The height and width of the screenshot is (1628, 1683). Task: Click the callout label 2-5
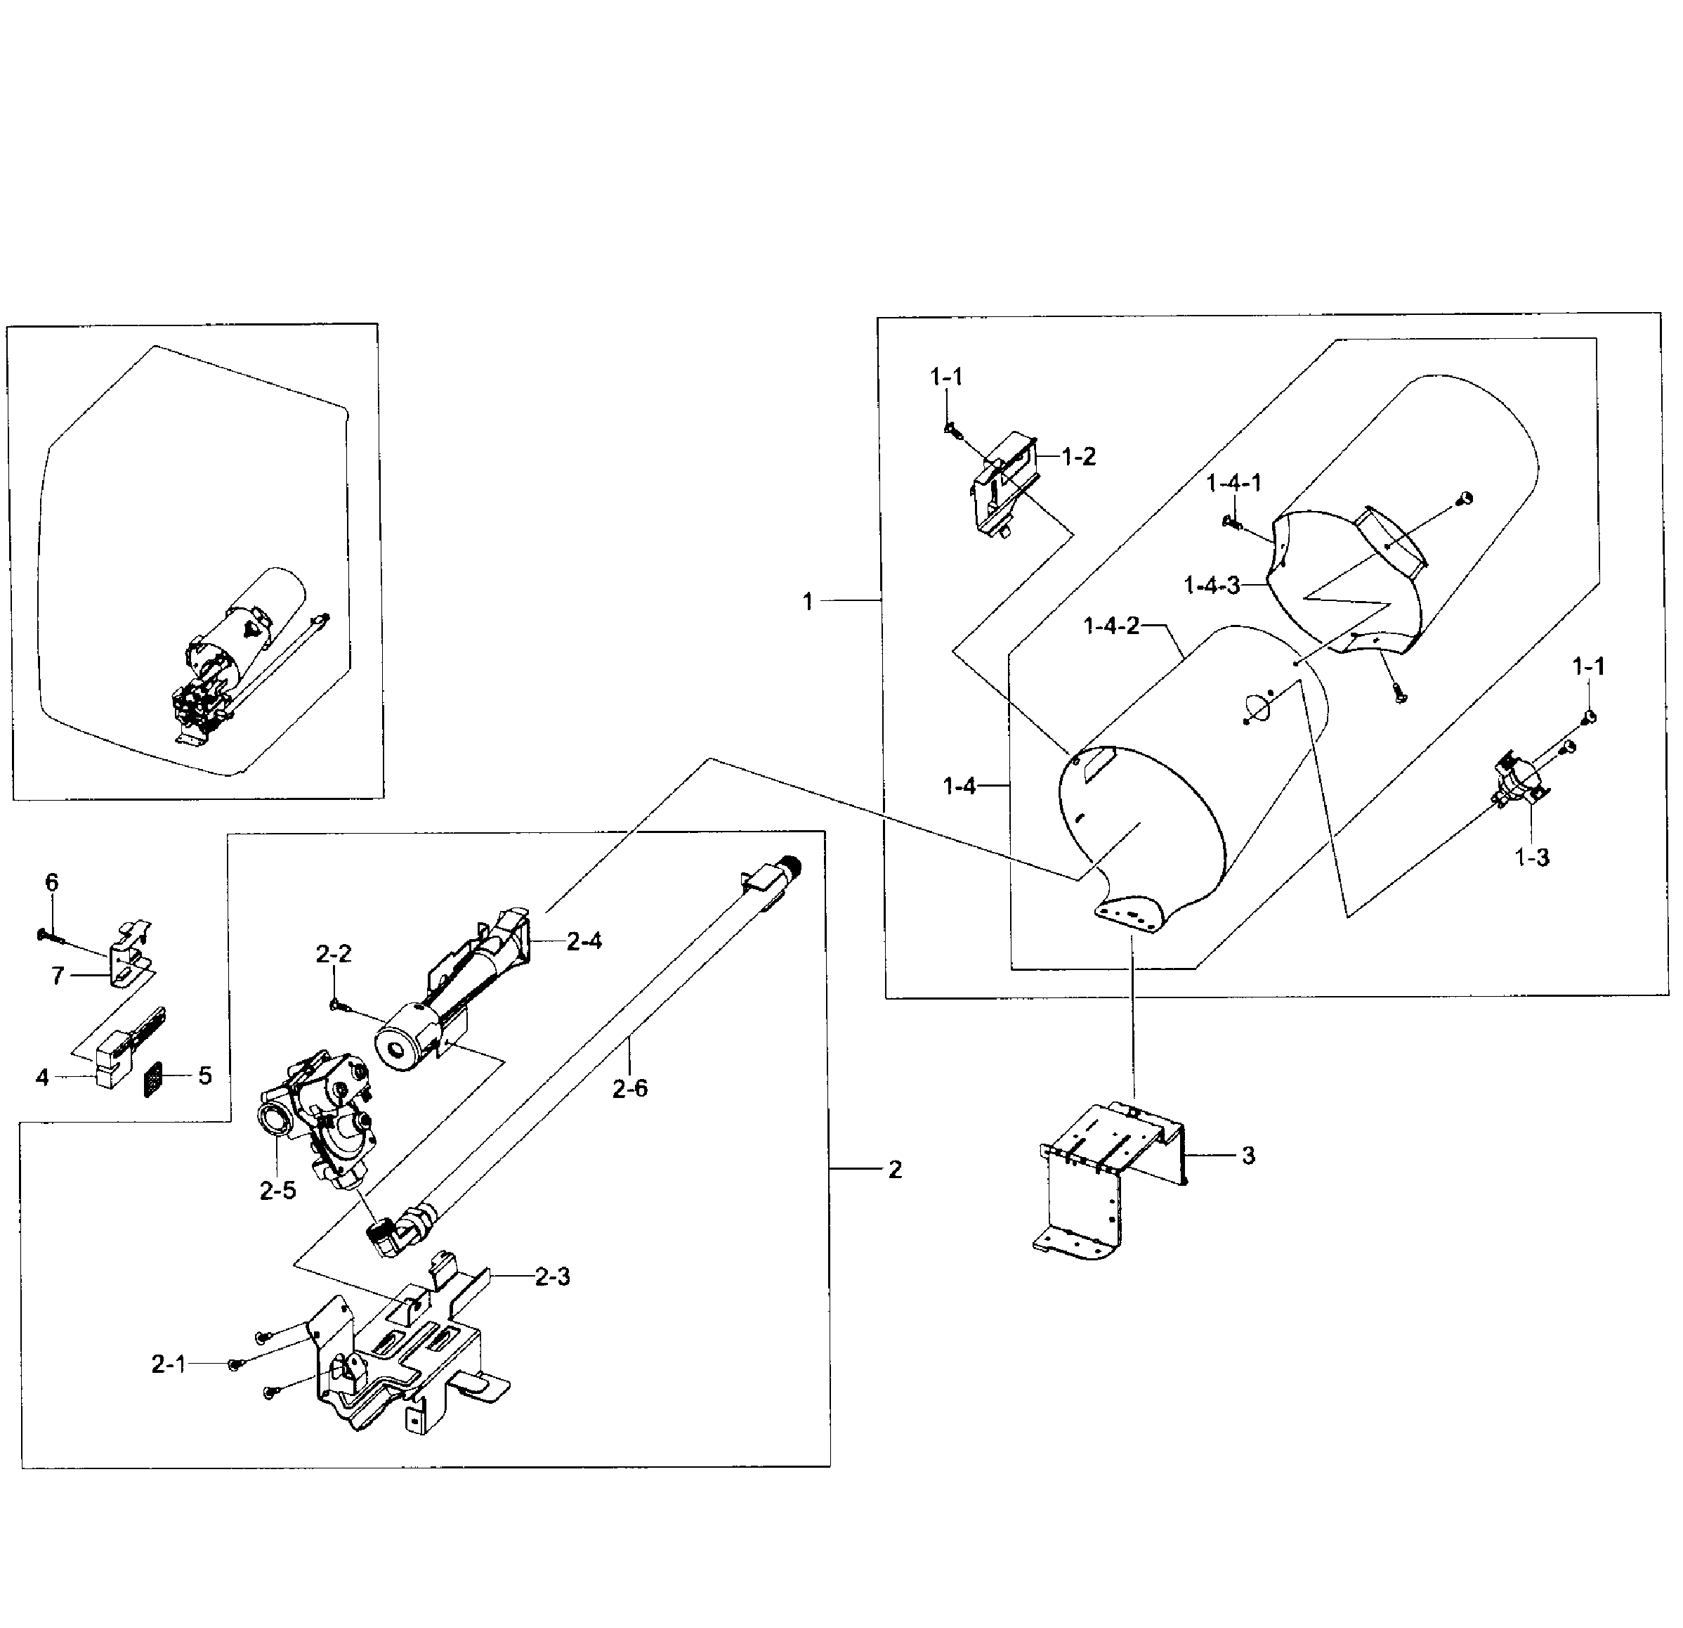pyautogui.click(x=277, y=1191)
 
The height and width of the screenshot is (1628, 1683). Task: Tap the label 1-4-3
pyautogui.click(x=1212, y=586)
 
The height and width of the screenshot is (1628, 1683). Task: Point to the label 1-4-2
pyautogui.click(x=1111, y=626)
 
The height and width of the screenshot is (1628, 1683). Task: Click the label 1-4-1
pyautogui.click(x=1234, y=483)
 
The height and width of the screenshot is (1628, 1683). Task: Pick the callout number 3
pyautogui.click(x=1248, y=1156)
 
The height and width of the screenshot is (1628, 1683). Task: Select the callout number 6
pyautogui.click(x=51, y=882)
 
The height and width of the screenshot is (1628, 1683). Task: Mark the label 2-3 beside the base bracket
pyautogui.click(x=552, y=1277)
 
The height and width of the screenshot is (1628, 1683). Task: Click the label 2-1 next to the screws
pyautogui.click(x=169, y=1364)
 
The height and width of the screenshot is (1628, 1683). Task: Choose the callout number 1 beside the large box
pyautogui.click(x=807, y=602)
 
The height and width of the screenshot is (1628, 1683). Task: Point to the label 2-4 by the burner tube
pyautogui.click(x=584, y=941)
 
